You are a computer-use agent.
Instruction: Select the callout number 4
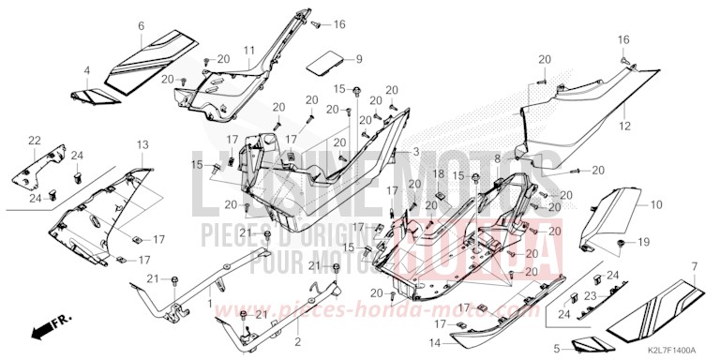point(86,70)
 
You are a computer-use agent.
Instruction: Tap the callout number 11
point(250,49)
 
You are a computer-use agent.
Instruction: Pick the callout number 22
point(35,141)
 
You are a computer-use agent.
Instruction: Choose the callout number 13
point(142,144)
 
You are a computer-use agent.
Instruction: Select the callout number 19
point(644,243)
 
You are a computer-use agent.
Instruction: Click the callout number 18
point(438,175)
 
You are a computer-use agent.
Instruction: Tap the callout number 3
point(416,151)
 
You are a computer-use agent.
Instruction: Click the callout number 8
point(498,159)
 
